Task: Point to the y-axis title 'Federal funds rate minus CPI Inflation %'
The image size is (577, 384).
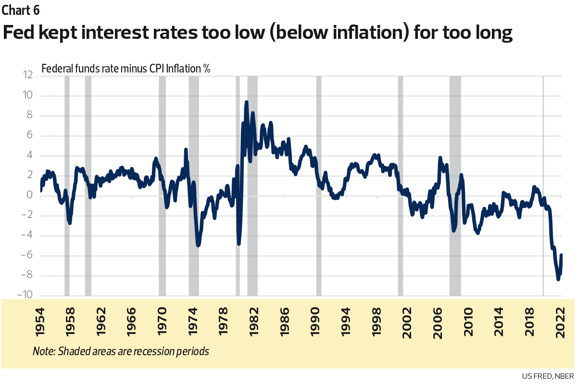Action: click(126, 68)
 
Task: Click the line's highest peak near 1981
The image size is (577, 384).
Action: click(247, 102)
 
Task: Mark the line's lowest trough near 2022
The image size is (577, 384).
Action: click(558, 279)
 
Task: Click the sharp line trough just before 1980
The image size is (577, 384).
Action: click(238, 243)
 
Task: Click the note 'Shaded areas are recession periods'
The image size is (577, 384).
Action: click(121, 351)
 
